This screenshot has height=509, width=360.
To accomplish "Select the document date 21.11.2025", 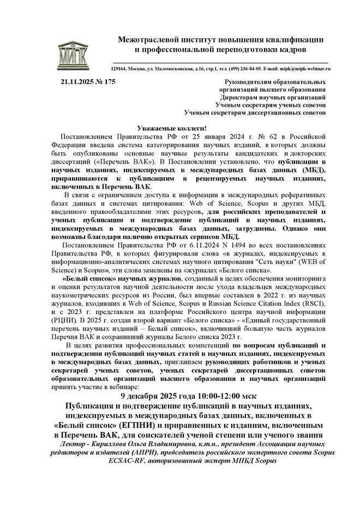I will (81, 82).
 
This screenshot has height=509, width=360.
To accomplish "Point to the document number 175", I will (110, 82).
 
